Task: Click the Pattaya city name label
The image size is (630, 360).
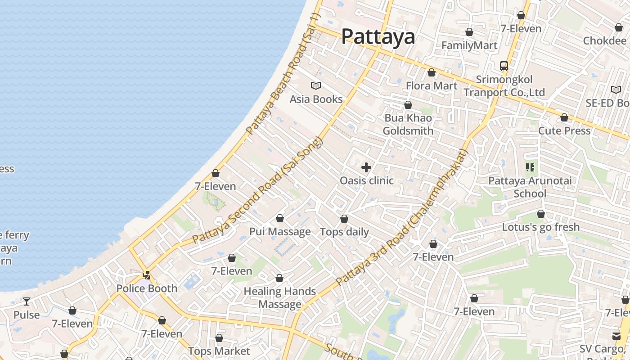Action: [378, 36]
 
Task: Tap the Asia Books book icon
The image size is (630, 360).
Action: [316, 85]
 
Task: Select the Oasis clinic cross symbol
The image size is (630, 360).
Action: [366, 167]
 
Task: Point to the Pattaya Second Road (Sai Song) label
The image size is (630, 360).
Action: [258, 191]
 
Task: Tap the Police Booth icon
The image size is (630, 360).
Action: [147, 275]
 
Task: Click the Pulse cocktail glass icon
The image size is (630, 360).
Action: [27, 301]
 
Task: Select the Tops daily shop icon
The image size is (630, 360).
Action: [344, 219]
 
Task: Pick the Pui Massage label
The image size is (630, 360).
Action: [280, 232]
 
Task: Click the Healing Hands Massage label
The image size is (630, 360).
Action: [280, 298]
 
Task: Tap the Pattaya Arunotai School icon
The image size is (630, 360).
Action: [530, 167]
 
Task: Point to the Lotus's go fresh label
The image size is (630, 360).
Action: [541, 227]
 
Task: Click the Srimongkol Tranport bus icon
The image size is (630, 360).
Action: [504, 66]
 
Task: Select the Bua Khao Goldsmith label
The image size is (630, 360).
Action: [408, 124]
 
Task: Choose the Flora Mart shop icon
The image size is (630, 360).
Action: [432, 72]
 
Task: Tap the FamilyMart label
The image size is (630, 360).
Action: [469, 45]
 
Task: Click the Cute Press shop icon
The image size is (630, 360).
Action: [564, 117]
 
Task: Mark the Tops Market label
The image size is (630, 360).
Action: [219, 351]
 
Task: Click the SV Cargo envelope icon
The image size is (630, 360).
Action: [616, 336]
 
